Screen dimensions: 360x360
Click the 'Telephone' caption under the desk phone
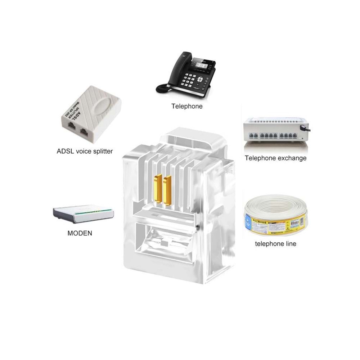point(187,106)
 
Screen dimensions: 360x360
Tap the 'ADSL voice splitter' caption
point(85,151)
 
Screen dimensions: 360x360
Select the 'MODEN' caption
point(80,233)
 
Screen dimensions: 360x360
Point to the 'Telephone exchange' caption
point(275,158)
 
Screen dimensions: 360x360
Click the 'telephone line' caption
point(275,244)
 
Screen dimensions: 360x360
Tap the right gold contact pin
point(166,190)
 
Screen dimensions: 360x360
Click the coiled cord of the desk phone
point(163,88)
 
